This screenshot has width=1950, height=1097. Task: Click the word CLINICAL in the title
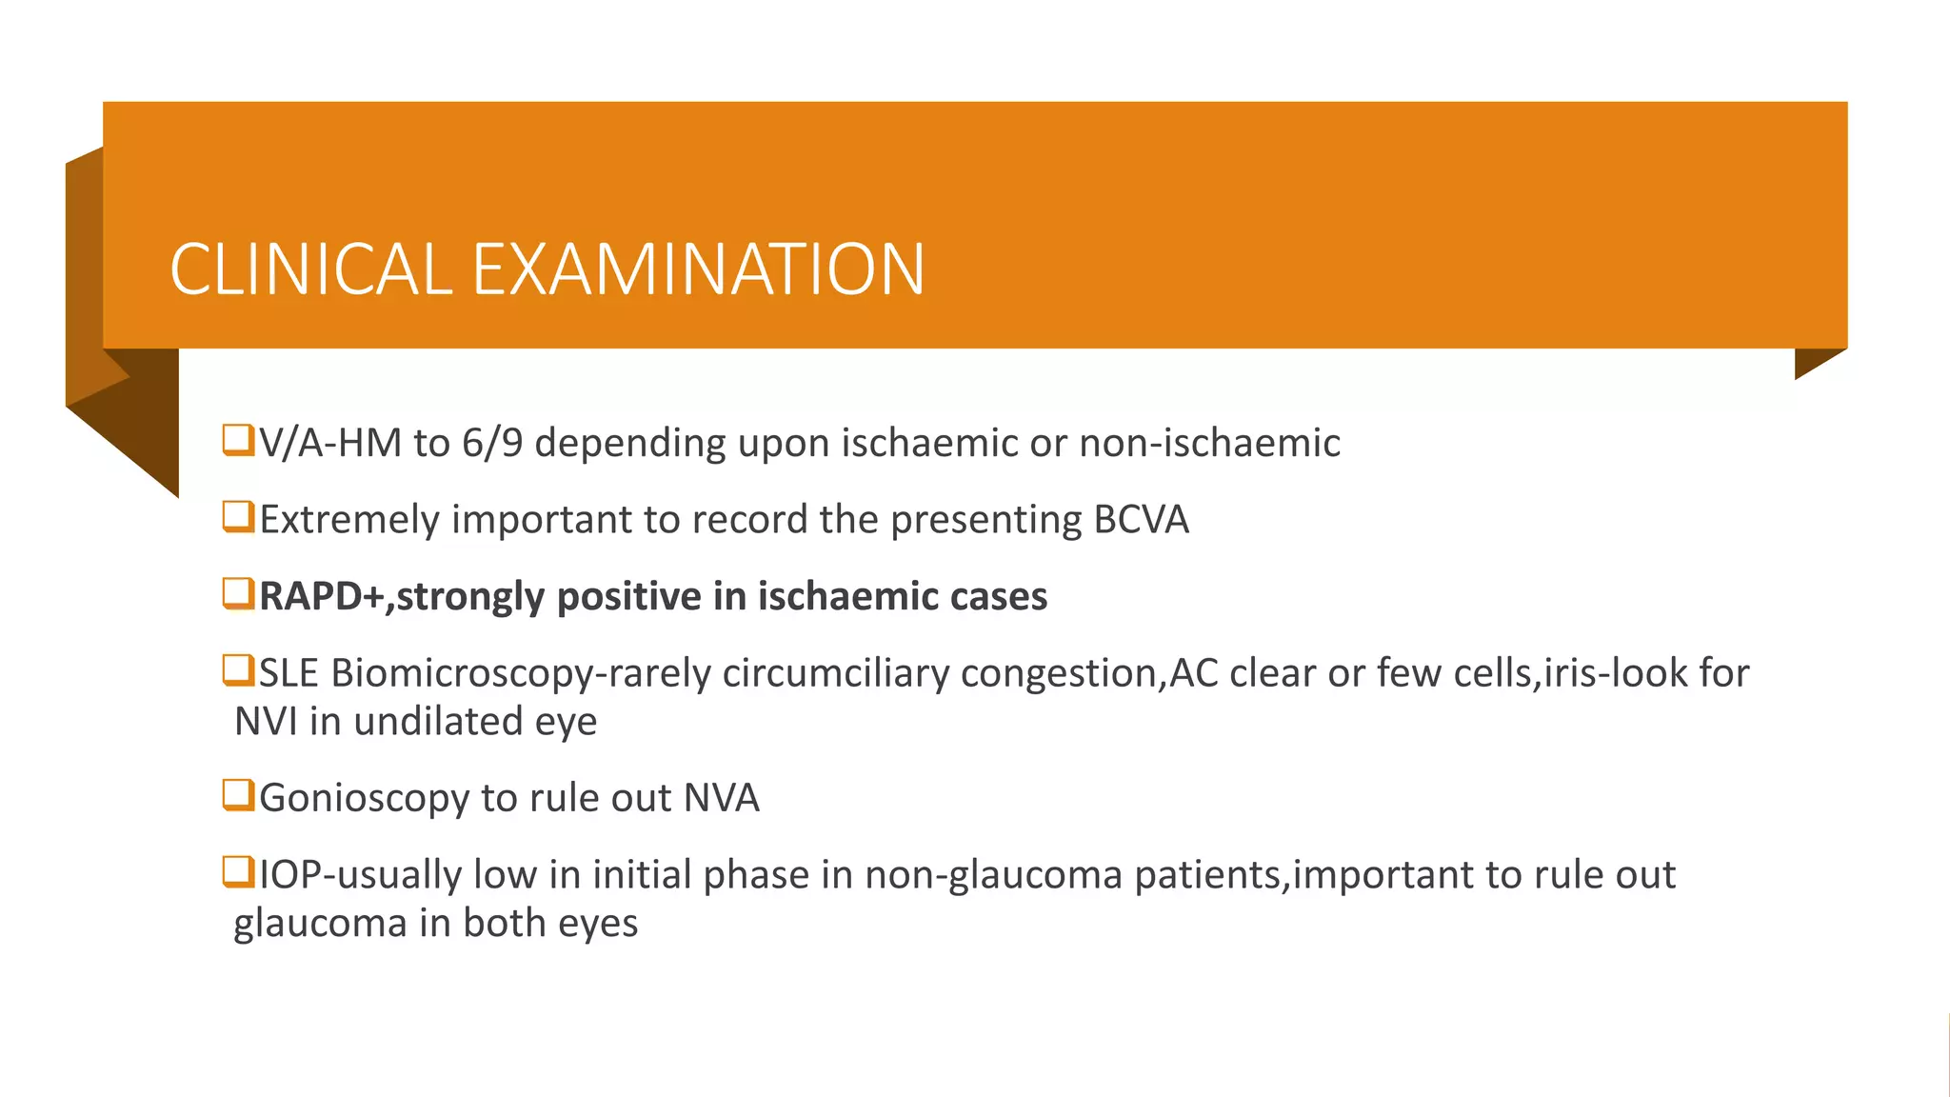pyautogui.click(x=309, y=269)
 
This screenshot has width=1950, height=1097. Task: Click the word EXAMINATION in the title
pyautogui.click(x=698, y=269)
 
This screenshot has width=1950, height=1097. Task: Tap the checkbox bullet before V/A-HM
pyautogui.click(x=238, y=441)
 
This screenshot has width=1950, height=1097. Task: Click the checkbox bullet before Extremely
pyautogui.click(x=238, y=517)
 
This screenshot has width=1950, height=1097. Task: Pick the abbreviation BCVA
pyautogui.click(x=1141, y=520)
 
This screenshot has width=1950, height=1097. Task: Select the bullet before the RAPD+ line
pyautogui.click(x=238, y=594)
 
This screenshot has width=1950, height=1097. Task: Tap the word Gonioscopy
pyautogui.click(x=364, y=799)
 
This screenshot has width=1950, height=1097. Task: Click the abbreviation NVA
pyautogui.click(x=722, y=799)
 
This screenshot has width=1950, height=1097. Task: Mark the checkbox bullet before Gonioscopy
pyautogui.click(x=238, y=795)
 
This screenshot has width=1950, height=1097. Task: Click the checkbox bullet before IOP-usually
pyautogui.click(x=238, y=872)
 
